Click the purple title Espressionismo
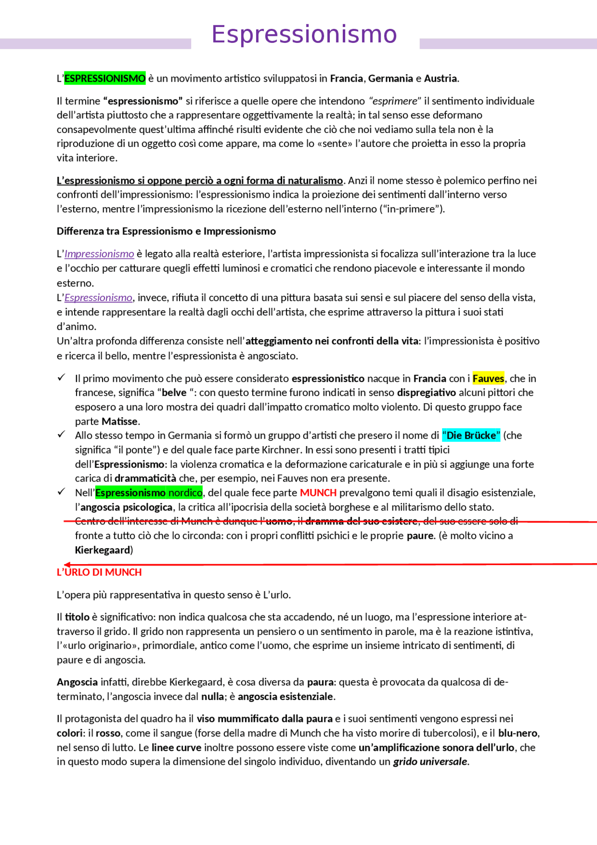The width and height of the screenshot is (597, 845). click(x=304, y=35)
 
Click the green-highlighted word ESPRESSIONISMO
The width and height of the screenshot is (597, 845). click(x=105, y=78)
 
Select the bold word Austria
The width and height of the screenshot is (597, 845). click(x=440, y=78)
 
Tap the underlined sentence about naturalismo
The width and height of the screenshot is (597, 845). click(x=200, y=181)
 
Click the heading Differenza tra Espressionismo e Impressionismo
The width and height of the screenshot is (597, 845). click(x=166, y=231)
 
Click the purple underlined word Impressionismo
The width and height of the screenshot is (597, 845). click(x=99, y=254)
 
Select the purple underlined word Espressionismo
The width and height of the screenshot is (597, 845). click(x=98, y=298)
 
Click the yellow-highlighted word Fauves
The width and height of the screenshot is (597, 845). click(x=488, y=378)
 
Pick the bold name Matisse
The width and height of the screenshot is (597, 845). click(x=120, y=421)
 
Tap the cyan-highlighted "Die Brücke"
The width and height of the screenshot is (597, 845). click(x=471, y=435)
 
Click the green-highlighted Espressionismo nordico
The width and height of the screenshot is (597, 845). click(x=149, y=493)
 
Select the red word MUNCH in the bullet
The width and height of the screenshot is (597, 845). click(x=318, y=493)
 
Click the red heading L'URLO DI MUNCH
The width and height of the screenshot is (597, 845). click(x=99, y=573)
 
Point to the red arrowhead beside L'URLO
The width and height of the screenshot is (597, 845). click(x=67, y=565)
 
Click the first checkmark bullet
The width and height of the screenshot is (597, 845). click(x=61, y=377)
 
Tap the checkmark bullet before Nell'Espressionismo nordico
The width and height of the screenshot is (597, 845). click(x=61, y=492)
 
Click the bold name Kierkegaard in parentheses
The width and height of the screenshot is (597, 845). click(x=103, y=550)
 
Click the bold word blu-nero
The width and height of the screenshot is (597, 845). click(x=518, y=733)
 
